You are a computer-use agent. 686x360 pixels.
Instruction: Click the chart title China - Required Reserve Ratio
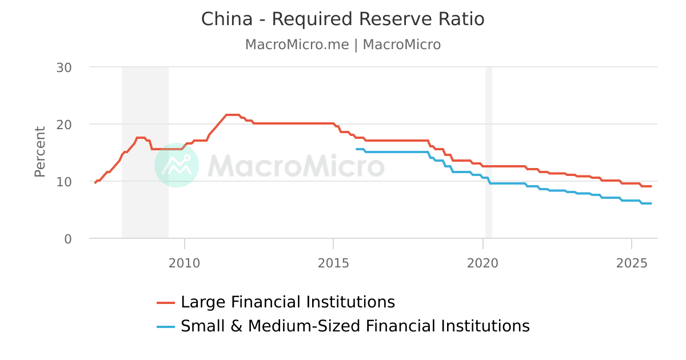pyautogui.click(x=342, y=19)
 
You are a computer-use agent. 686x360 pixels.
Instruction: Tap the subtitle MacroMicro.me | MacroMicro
pyautogui.click(x=342, y=45)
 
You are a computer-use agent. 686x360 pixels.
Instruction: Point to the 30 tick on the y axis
pyautogui.click(x=64, y=67)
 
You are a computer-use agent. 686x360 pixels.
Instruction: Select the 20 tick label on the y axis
pyautogui.click(x=64, y=125)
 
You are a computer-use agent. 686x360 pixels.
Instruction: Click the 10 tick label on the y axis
pyautogui.click(x=64, y=182)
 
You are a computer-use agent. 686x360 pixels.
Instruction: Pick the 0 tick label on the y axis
pyautogui.click(x=68, y=239)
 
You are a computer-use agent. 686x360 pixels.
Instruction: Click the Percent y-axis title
pyautogui.click(x=39, y=152)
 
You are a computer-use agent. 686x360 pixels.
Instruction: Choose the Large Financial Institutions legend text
pyautogui.click(x=288, y=302)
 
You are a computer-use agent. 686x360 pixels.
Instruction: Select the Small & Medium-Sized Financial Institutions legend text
pyautogui.click(x=355, y=326)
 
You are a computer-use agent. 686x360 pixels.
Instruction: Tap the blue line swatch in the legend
pyautogui.click(x=166, y=327)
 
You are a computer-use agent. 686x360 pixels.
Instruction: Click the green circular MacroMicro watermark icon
pyautogui.click(x=177, y=165)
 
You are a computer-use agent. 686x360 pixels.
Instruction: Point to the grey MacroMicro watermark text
pyautogui.click(x=296, y=166)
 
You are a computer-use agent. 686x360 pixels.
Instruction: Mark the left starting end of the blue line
pyautogui.click(x=356, y=149)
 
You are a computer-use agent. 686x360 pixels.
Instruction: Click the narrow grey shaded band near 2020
pyautogui.click(x=489, y=153)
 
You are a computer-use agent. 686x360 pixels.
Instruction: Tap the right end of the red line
pyautogui.click(x=651, y=186)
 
